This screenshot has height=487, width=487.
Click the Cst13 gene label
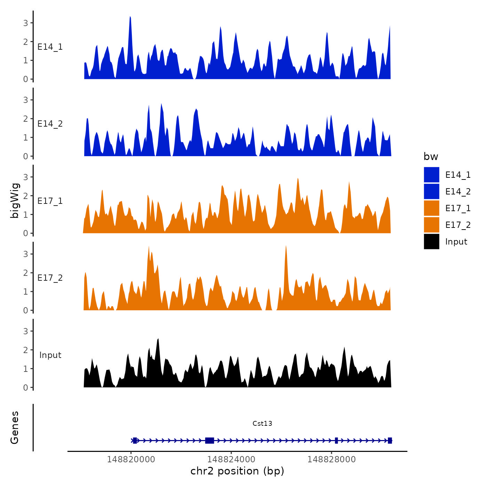pos(262,423)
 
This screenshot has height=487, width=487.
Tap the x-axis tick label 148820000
pos(131,459)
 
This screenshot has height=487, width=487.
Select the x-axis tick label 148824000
pos(231,459)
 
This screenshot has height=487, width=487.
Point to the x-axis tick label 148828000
pos(332,459)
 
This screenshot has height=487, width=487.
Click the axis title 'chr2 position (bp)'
pos(237,471)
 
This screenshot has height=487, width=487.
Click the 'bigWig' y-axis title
pos(15,201)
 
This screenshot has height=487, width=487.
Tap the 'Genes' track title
pos(15,428)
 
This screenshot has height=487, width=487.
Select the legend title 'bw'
pos(431,157)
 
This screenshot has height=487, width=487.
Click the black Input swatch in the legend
pos(431,241)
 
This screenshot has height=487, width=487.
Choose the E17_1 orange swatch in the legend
pos(431,208)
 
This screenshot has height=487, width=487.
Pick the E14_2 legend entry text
pos(458,191)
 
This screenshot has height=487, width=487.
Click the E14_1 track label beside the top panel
pos(50,47)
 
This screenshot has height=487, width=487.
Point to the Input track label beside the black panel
pos(50,355)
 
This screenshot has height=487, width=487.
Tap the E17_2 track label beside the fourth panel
pos(50,278)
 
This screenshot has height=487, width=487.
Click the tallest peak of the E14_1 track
pos(130,17)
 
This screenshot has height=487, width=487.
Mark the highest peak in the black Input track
pos(158,339)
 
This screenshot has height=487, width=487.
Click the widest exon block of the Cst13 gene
pos(209,440)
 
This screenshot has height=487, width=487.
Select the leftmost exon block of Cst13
pos(135,440)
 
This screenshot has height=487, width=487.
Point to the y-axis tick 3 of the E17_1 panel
pos(26,177)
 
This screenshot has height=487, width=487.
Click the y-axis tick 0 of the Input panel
pos(26,387)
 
